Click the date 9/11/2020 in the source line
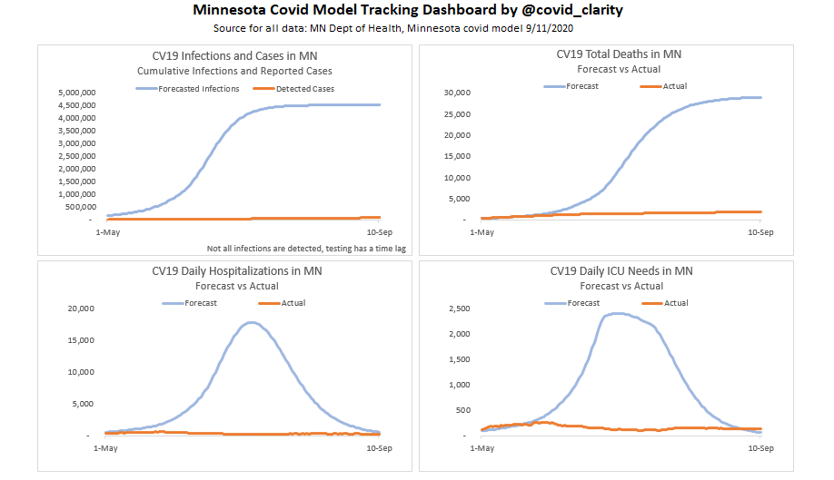(x=545, y=28)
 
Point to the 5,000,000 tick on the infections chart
(x=75, y=93)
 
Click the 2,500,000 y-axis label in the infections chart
(x=75, y=156)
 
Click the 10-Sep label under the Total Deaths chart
(x=760, y=233)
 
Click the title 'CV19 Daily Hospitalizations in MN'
(x=236, y=271)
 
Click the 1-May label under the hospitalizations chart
(x=106, y=448)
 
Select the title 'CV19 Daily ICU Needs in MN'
(x=621, y=271)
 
